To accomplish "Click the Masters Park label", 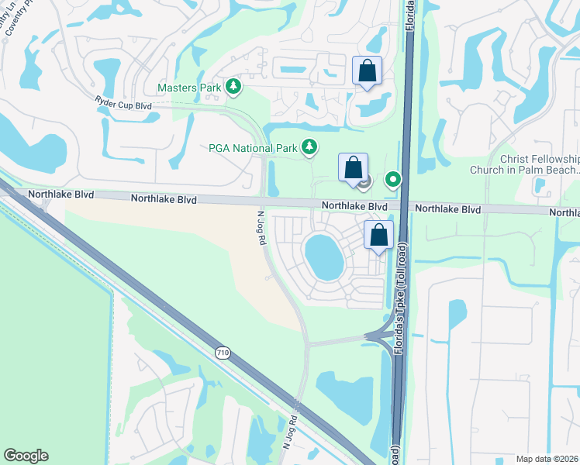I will (189, 88).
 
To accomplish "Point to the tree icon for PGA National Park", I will (309, 146).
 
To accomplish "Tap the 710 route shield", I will (223, 353).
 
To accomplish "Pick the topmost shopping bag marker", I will (368, 71).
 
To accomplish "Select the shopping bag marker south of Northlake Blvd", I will (378, 236).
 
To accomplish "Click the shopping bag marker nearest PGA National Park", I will (353, 167).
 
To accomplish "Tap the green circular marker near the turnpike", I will (394, 181).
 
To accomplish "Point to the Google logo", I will (26, 456).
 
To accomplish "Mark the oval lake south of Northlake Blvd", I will (325, 257).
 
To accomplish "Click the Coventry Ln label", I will (10, 17).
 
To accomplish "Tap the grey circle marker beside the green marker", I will (365, 181).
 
